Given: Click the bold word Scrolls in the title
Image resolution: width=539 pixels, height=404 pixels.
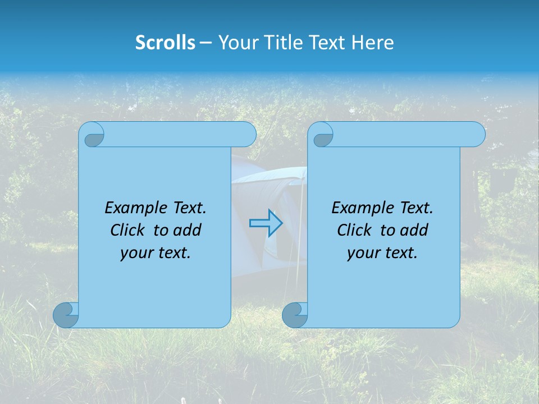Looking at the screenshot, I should coord(165,43).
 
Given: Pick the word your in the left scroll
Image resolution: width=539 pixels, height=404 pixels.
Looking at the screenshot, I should coord(136,253).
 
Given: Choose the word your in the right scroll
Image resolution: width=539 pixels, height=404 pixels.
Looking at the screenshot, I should coord(363,253).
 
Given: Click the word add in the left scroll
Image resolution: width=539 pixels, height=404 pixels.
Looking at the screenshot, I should coord(188,230).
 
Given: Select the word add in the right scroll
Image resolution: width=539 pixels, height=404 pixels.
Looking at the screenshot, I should coord(415,230).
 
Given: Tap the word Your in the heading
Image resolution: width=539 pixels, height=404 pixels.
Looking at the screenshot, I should coord(236,43).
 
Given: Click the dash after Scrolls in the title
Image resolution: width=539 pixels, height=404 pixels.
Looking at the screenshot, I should coord(205,43).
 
